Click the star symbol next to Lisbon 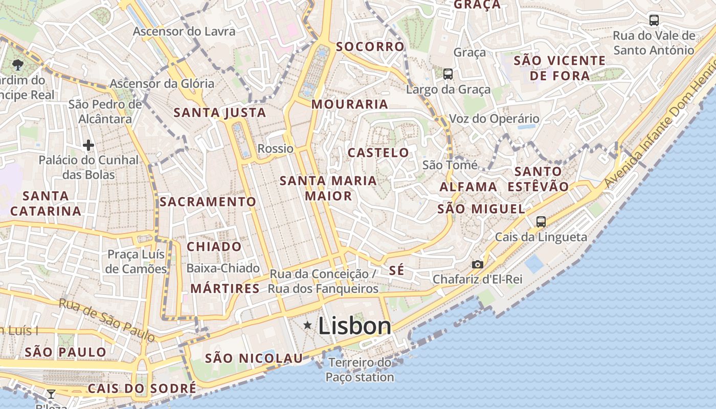[307, 325]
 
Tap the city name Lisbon [354, 326]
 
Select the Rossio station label [276, 149]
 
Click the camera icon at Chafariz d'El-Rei [477, 264]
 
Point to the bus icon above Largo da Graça [448, 74]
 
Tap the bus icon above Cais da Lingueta [541, 222]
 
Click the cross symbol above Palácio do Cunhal [88, 145]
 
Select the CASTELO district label [378, 152]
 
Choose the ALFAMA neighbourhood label [468, 187]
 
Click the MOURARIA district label [350, 104]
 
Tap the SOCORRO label [370, 47]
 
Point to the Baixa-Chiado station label [223, 268]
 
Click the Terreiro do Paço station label [360, 370]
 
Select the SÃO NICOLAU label [254, 358]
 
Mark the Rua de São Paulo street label [107, 319]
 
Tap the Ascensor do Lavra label [184, 31]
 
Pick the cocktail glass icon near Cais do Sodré [51, 394]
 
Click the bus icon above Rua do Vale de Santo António [654, 20]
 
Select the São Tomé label [450, 165]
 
